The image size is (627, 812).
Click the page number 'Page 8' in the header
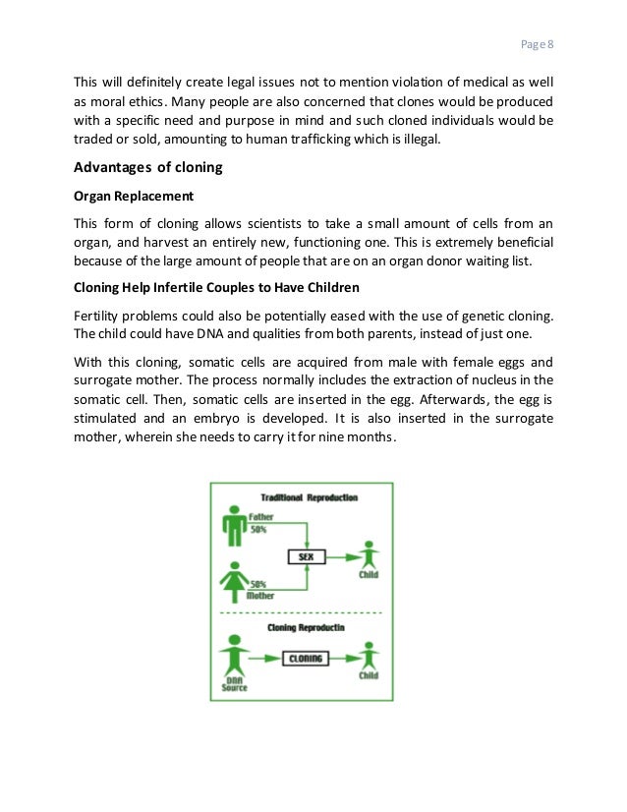pyautogui.click(x=537, y=44)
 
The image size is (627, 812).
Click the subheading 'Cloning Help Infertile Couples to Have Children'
pyautogui.click(x=215, y=288)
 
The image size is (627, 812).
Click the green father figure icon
pyautogui.click(x=235, y=525)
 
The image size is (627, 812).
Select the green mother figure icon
pyautogui.click(x=235, y=579)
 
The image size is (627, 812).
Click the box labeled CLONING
pyautogui.click(x=305, y=659)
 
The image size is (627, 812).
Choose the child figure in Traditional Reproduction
pyautogui.click(x=368, y=554)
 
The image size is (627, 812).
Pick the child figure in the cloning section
pyautogui.click(x=368, y=656)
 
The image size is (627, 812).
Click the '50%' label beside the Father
pyautogui.click(x=259, y=529)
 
